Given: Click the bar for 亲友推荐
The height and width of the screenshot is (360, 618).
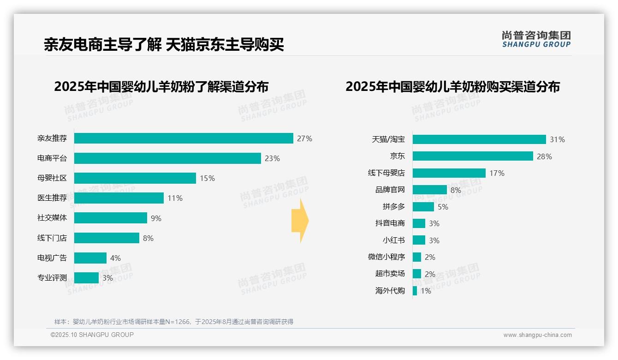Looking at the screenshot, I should (x=184, y=138).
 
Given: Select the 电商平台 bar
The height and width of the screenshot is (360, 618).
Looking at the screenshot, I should (x=167, y=158).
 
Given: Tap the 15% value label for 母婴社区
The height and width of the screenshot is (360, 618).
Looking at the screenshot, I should (x=207, y=178).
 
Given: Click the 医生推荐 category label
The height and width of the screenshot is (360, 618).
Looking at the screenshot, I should (x=52, y=198).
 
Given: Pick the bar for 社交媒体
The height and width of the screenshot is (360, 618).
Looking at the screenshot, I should (x=111, y=218).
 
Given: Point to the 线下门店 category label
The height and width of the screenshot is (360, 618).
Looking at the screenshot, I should (x=52, y=238).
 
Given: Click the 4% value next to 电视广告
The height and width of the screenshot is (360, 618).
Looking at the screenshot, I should (x=115, y=258).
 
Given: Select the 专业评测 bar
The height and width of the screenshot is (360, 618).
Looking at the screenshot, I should (x=87, y=278).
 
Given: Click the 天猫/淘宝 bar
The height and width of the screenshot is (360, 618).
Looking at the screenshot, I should (x=479, y=139).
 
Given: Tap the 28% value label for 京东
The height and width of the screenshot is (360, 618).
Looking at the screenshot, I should (x=544, y=156).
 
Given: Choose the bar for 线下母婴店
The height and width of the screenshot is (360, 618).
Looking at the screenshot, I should (x=449, y=173).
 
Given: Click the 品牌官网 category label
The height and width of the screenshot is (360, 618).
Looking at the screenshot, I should (x=390, y=190).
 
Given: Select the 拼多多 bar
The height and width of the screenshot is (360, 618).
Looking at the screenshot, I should (x=423, y=207).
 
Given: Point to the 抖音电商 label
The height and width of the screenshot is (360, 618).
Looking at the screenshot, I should (x=390, y=223).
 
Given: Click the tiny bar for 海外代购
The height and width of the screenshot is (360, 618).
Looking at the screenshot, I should (x=415, y=291).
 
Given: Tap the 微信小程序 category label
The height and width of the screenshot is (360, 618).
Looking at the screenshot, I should (x=386, y=257).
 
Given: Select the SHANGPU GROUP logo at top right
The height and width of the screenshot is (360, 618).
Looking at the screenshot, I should (x=536, y=39).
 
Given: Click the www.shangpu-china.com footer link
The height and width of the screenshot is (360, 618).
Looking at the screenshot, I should (x=537, y=335).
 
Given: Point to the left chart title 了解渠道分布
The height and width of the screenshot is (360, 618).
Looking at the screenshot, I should (x=161, y=87).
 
